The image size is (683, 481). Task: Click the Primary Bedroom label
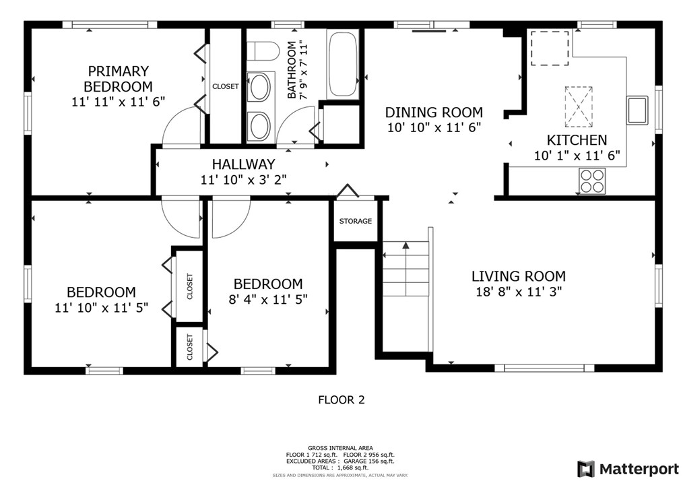(x=118, y=78)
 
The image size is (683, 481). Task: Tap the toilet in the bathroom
(x=263, y=51)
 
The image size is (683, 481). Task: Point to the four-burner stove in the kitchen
(x=592, y=181)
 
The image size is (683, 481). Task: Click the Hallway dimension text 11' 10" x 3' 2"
(x=243, y=179)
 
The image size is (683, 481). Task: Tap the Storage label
(x=356, y=222)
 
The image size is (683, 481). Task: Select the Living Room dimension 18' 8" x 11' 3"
(x=519, y=292)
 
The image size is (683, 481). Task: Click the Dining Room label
(x=434, y=113)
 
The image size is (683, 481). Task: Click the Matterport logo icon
(x=586, y=469)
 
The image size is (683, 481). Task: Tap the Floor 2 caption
(x=341, y=399)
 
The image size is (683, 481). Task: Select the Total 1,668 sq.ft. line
(x=340, y=468)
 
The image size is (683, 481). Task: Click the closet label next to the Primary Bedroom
(x=225, y=86)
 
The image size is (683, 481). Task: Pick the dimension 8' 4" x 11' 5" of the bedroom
(x=268, y=299)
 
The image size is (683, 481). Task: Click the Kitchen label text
(x=577, y=140)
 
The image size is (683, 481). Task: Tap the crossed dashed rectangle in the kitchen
(x=579, y=106)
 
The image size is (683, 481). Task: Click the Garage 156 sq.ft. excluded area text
(x=369, y=461)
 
